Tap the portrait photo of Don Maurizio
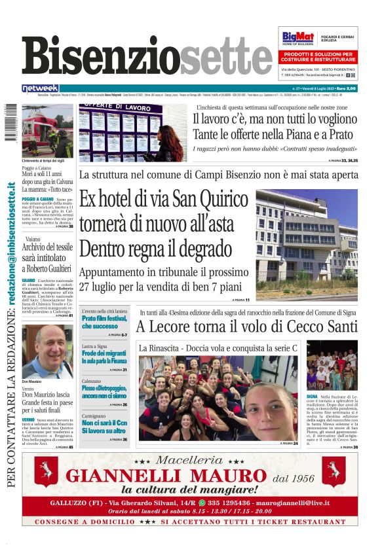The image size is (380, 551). click(x=47, y=351)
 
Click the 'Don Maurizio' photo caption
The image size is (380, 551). click(x=32, y=382)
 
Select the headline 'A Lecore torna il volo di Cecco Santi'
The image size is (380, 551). click(x=248, y=326)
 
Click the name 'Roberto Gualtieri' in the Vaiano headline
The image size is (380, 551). click(x=49, y=268)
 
